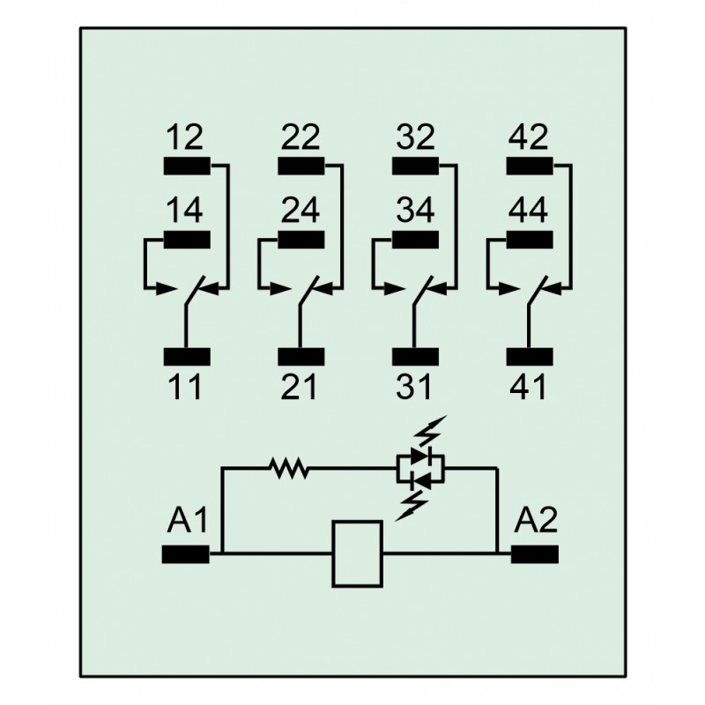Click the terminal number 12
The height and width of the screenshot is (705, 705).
coord(184,137)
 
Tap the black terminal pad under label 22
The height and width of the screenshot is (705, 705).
coord(301,166)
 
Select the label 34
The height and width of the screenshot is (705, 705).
coord(415,210)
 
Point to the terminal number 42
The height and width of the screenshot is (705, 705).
coord(528,137)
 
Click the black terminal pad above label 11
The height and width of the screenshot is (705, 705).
coord(187,357)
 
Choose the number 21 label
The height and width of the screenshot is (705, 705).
coord(299,387)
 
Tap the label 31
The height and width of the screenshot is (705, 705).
coord(413,387)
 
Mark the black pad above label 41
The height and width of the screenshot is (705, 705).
coord(530,357)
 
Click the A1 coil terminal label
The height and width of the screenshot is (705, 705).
coord(188,520)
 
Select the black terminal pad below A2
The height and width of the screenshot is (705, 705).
coord(535,554)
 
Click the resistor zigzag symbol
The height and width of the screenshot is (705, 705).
coord(289,469)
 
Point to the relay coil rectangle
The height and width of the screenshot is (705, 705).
coord(358,554)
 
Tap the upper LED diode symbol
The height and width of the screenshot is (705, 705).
coord(421,456)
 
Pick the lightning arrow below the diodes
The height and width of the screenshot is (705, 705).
coord(412,505)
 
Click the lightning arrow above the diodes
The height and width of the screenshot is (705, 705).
coord(430,430)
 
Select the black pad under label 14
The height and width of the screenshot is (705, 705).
coord(187,240)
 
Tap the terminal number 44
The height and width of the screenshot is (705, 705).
coord(528,210)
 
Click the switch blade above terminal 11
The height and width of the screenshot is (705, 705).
coord(195,291)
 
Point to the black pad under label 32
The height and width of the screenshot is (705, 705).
coord(415,166)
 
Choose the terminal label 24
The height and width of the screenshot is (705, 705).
coord(301,210)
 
